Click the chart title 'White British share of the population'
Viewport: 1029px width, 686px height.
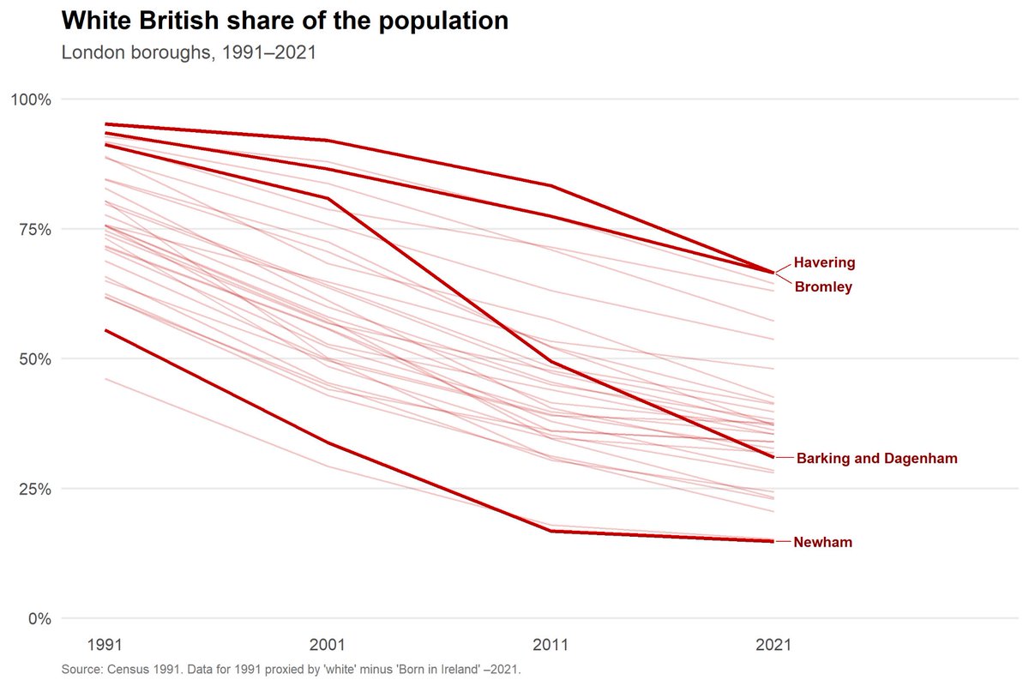[285, 21]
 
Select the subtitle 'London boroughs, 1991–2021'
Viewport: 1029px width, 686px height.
[189, 52]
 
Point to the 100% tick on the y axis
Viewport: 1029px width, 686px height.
[31, 99]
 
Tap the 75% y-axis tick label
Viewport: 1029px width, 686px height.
[35, 229]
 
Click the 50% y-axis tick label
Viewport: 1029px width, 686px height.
[35, 359]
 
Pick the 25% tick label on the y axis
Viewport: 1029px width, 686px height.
[35, 490]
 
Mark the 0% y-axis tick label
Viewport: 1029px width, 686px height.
[39, 619]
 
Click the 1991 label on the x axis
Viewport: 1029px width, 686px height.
[105, 645]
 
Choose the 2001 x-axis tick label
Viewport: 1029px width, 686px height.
[327, 645]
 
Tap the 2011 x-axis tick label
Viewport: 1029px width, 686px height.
[551, 645]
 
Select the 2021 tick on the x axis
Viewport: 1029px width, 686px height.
[773, 645]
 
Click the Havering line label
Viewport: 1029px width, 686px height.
[825, 262]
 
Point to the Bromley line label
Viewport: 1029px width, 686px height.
[823, 286]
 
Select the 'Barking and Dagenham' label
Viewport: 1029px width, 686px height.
[877, 458]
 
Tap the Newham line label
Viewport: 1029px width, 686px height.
[822, 542]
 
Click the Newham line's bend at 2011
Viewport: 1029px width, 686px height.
[551, 531]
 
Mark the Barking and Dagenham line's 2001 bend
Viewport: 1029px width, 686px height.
[328, 198]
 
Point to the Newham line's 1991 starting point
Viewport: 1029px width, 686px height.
[105, 330]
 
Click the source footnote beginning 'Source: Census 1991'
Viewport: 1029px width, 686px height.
[292, 670]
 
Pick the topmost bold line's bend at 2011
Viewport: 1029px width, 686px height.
[551, 185]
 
